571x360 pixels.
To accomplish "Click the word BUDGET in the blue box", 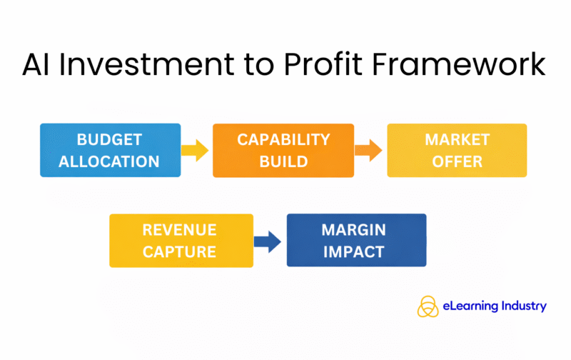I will pyautogui.click(x=109, y=139).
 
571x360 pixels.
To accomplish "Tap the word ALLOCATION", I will pyautogui.click(x=109, y=161).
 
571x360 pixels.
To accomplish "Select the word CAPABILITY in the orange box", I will pyautogui.click(x=283, y=139).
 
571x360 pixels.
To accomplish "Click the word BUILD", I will pyautogui.click(x=283, y=161).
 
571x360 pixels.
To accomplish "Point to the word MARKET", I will pyautogui.click(x=457, y=139).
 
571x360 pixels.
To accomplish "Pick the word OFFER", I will pyautogui.click(x=457, y=161).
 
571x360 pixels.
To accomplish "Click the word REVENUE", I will pyautogui.click(x=181, y=229).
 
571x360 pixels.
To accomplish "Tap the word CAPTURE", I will pyautogui.click(x=181, y=251).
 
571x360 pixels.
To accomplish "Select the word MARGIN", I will pyautogui.click(x=355, y=229).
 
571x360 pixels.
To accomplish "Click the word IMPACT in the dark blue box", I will pyautogui.click(x=355, y=251).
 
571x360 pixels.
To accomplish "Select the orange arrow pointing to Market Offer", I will pyautogui.click(x=370, y=150).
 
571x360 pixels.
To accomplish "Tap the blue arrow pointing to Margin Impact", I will pyautogui.click(x=269, y=241).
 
